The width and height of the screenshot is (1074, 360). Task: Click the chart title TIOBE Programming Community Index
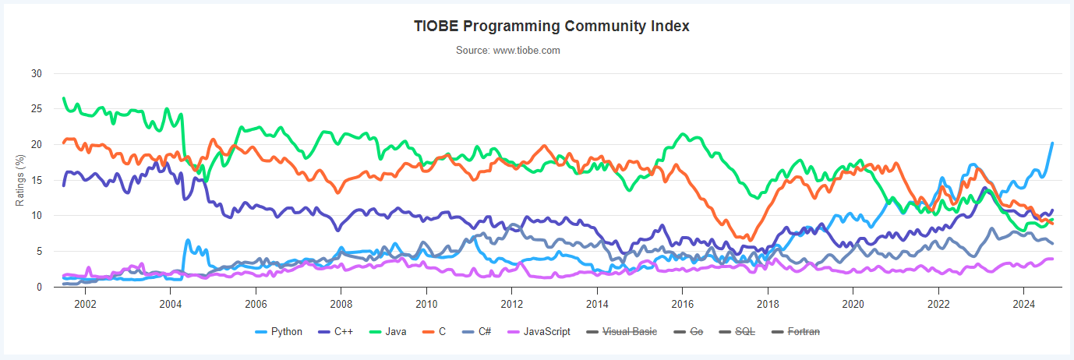(x=551, y=26)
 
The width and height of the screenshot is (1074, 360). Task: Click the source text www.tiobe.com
(x=508, y=51)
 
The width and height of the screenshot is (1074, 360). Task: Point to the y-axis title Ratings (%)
(x=21, y=180)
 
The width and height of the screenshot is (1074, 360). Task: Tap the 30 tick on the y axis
(x=37, y=73)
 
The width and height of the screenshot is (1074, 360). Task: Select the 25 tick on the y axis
(x=37, y=109)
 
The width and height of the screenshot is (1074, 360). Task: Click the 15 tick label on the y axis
(x=37, y=180)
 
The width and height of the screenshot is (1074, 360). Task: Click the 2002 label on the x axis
(x=85, y=302)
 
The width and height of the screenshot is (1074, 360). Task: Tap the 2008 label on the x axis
(x=341, y=302)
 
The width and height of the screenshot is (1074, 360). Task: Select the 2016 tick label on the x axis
(x=682, y=302)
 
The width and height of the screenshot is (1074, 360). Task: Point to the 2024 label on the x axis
(x=1023, y=302)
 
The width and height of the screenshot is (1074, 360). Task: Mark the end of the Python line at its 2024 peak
(x=1052, y=143)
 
